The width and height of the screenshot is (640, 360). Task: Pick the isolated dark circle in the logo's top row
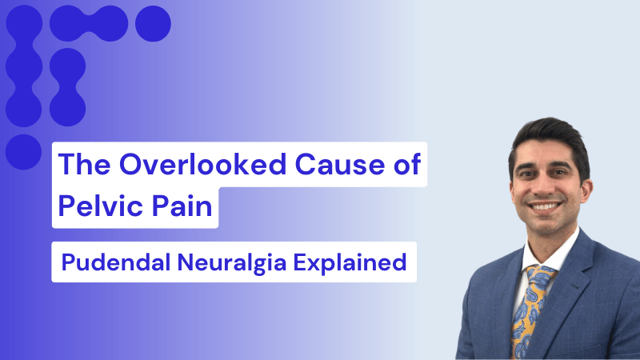pyautogui.click(x=152, y=24)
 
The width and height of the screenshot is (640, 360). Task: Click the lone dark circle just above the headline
pyautogui.click(x=23, y=150)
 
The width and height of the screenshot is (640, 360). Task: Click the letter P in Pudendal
pyautogui.click(x=66, y=262)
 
